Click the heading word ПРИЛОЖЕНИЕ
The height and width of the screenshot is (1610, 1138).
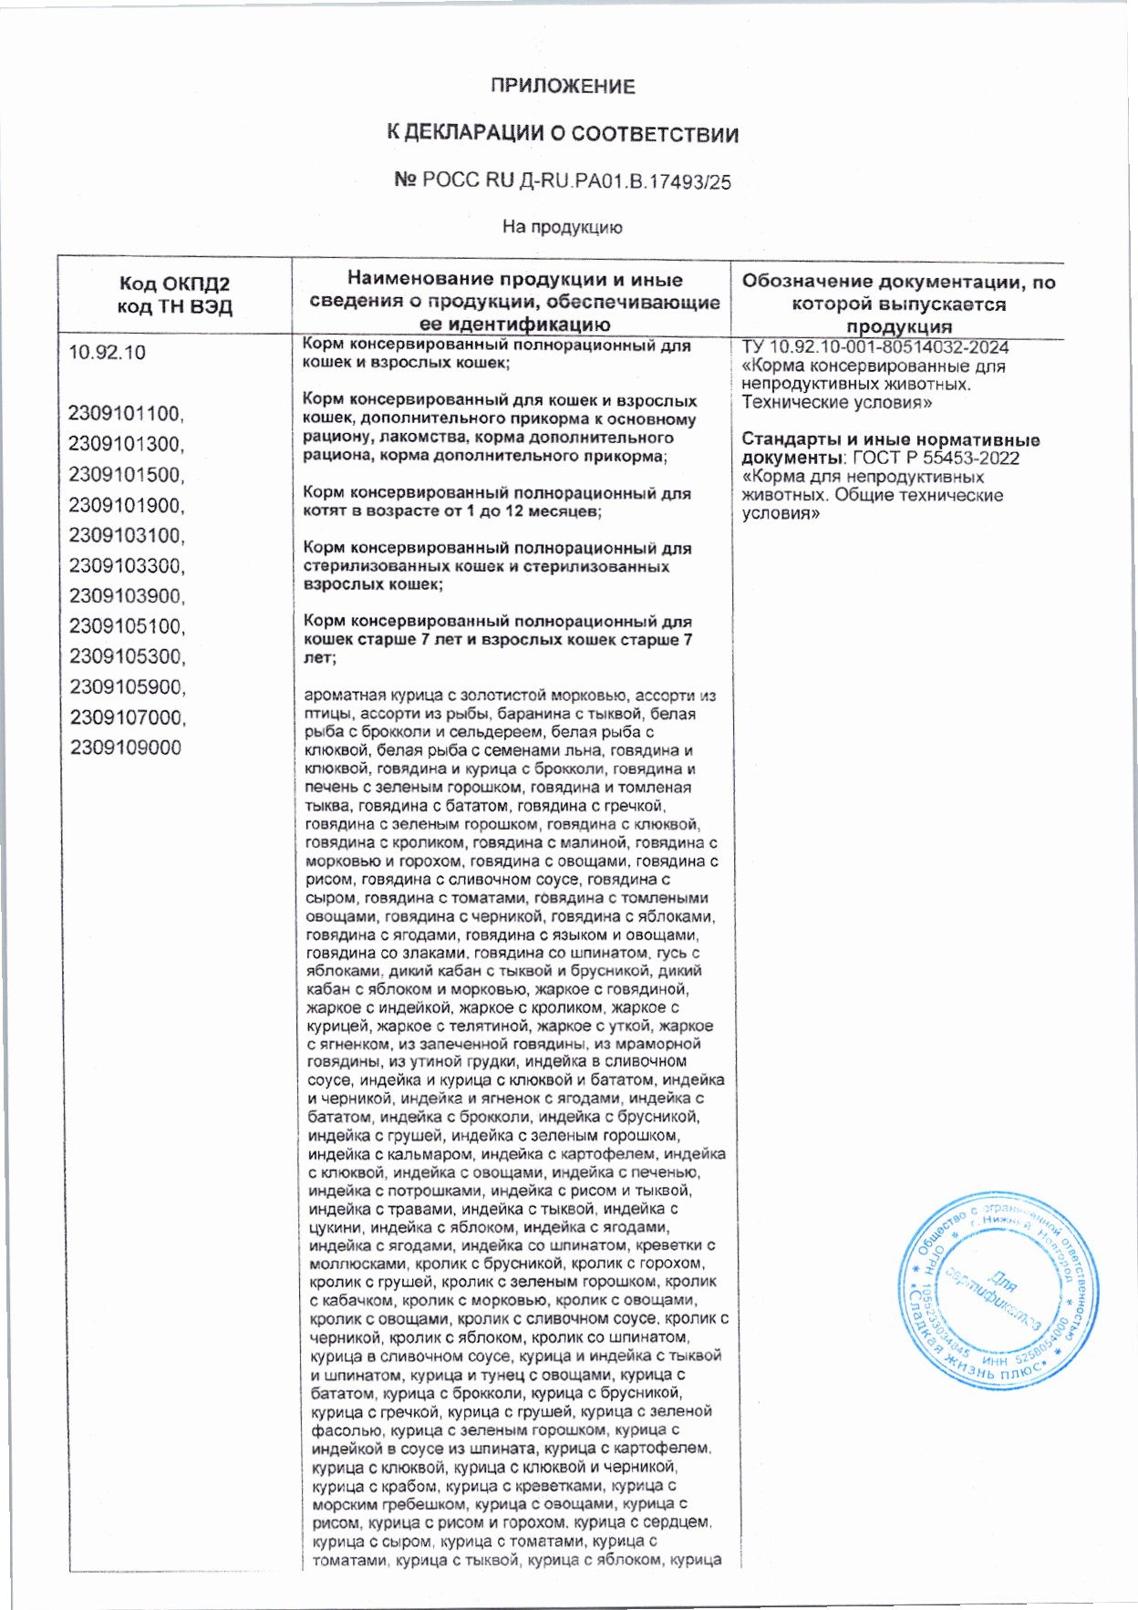click(x=562, y=87)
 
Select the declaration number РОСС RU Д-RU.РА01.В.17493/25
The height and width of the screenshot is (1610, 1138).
click(x=574, y=181)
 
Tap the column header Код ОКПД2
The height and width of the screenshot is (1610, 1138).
click(x=174, y=284)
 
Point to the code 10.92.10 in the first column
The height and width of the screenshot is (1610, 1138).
click(x=107, y=353)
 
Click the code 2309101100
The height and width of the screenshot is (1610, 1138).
click(x=126, y=414)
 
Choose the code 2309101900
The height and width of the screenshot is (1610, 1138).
click(x=126, y=505)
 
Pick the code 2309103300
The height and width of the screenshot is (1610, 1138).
click(x=126, y=565)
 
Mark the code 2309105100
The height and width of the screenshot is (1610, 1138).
click(x=126, y=626)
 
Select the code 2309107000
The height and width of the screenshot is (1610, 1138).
click(x=127, y=717)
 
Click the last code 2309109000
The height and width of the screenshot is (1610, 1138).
click(x=125, y=748)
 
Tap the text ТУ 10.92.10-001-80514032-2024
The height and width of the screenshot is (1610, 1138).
click(x=874, y=347)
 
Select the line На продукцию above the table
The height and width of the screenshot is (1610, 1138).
click(x=562, y=227)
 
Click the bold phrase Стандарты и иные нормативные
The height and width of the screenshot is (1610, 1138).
click(x=890, y=439)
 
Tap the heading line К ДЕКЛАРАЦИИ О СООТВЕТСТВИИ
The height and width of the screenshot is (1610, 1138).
click(x=562, y=134)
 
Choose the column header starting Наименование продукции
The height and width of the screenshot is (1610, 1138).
click(x=514, y=280)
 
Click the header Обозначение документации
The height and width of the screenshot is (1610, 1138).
click(x=898, y=282)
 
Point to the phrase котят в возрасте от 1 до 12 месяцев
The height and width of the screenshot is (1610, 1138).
click(x=451, y=511)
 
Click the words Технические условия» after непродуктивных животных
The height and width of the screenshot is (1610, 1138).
click(x=837, y=402)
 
